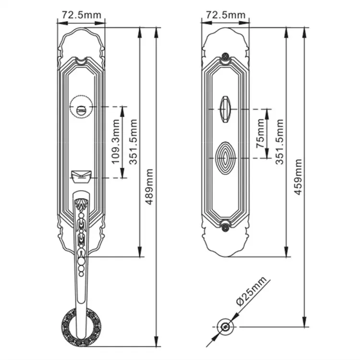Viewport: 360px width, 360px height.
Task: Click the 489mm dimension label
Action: (150, 187)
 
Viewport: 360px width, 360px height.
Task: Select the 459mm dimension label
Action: (298, 176)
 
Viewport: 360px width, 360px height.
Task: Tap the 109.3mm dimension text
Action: (115, 142)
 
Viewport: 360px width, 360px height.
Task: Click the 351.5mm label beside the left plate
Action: (135, 142)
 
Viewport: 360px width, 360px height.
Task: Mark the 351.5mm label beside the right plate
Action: (279, 142)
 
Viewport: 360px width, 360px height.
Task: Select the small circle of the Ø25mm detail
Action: (225, 327)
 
